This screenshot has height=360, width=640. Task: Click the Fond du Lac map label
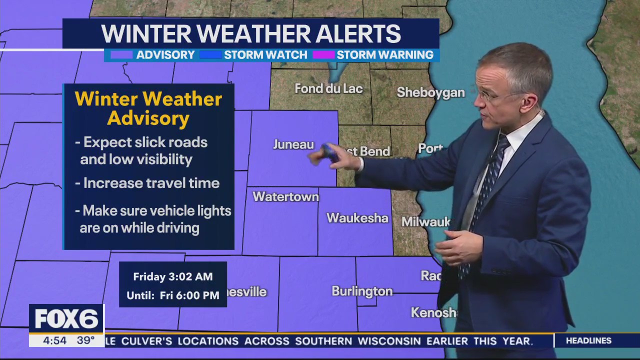pyautogui.click(x=328, y=89)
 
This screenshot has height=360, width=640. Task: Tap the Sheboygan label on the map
pyautogui.click(x=430, y=92)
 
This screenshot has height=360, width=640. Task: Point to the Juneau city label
pyautogui.click(x=293, y=144)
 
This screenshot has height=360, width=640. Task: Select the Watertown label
pyautogui.click(x=285, y=197)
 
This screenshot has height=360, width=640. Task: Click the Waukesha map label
pyautogui.click(x=357, y=218)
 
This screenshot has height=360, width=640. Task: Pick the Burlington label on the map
pyautogui.click(x=362, y=291)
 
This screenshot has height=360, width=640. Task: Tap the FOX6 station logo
pyautogui.click(x=66, y=319)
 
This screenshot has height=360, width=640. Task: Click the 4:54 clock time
pyautogui.click(x=54, y=340)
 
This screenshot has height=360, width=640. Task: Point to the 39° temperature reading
pyautogui.click(x=85, y=340)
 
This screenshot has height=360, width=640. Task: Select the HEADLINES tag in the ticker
pyautogui.click(x=588, y=340)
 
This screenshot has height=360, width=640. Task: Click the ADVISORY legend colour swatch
pyautogui.click(x=121, y=55)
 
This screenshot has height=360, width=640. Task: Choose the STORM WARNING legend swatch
pyautogui.click(x=323, y=55)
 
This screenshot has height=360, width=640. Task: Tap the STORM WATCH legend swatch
pyautogui.click(x=210, y=55)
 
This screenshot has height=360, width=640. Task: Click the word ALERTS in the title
pyautogui.click(x=352, y=34)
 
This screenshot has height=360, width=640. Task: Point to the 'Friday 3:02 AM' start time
pyautogui.click(x=173, y=276)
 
